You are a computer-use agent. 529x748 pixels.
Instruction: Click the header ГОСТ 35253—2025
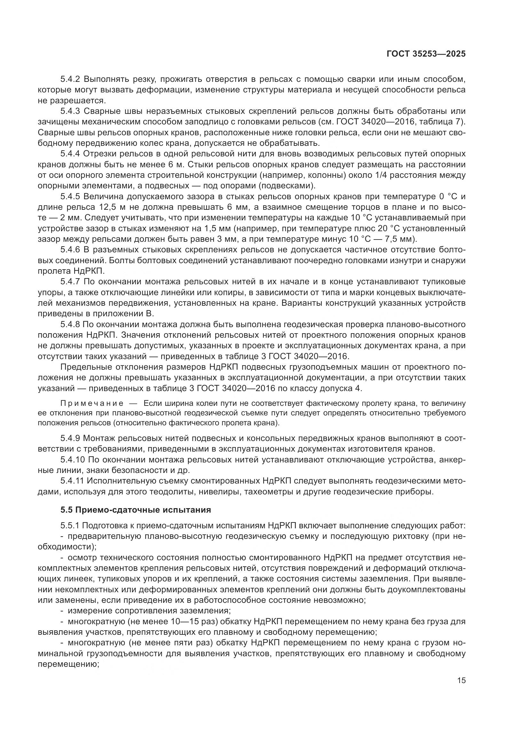(x=426, y=54)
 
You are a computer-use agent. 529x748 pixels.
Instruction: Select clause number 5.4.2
(x=70, y=79)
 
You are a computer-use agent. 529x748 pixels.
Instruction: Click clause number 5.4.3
(x=70, y=111)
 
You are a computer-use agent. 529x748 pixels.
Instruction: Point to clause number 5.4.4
(x=70, y=154)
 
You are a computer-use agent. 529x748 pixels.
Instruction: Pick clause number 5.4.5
(x=70, y=196)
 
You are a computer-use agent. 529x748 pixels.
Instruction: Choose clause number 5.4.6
(x=70, y=250)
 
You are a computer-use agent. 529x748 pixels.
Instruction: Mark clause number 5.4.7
(x=70, y=281)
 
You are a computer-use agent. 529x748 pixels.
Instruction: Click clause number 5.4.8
(x=70, y=325)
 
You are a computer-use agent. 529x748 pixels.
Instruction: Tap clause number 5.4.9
(x=70, y=438)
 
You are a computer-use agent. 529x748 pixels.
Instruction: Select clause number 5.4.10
(x=72, y=460)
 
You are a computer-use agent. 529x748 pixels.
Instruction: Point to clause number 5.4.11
(x=72, y=481)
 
